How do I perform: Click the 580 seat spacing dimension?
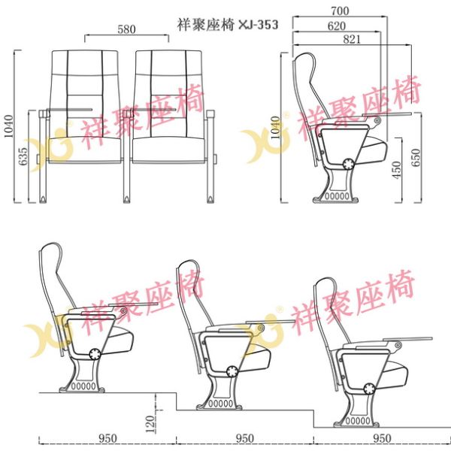126,29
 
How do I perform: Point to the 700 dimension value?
340,11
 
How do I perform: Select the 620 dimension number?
337,26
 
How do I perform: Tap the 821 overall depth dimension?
352,39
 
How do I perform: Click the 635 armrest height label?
23,156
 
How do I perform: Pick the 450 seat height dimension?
396,170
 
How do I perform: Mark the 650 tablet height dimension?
416,158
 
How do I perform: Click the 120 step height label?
150,424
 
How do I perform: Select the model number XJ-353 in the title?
259,25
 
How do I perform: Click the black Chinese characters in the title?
206,25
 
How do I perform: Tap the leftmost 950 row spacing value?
107,438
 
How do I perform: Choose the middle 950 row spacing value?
245,438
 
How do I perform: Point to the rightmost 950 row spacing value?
383,438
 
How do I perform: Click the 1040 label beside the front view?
9,126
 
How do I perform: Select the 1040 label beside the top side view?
276,128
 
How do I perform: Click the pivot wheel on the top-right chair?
349,164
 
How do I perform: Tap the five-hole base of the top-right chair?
337,196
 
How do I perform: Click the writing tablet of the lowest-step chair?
407,339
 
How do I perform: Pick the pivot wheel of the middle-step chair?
232,371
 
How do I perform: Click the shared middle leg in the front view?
127,157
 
